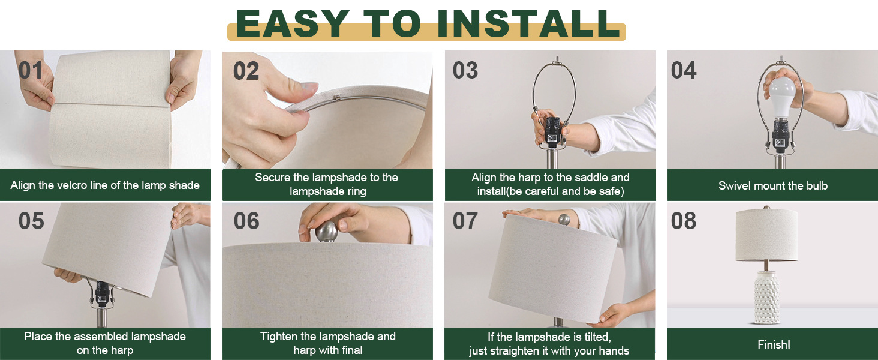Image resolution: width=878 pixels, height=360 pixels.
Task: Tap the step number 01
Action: (31, 70)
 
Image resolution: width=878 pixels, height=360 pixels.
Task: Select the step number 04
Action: (684, 70)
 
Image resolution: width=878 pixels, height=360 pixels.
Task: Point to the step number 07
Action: (465, 221)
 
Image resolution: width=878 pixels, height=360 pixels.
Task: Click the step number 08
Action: (684, 221)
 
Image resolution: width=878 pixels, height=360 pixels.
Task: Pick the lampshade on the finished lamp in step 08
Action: (766, 235)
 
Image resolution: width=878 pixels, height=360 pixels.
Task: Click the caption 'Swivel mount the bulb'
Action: (772, 185)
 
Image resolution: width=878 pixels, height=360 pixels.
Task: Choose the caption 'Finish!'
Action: (774, 344)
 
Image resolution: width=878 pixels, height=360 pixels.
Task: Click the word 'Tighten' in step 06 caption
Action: (280, 337)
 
